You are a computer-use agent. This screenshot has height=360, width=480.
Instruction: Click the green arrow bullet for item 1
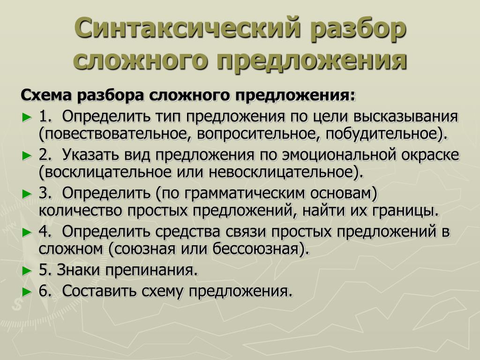27,117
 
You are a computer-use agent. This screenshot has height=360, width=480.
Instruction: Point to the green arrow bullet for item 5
27,271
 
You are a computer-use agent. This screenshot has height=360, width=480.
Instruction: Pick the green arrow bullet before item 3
27,194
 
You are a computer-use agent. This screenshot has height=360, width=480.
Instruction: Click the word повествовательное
112,134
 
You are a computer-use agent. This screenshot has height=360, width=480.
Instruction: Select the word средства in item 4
187,232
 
